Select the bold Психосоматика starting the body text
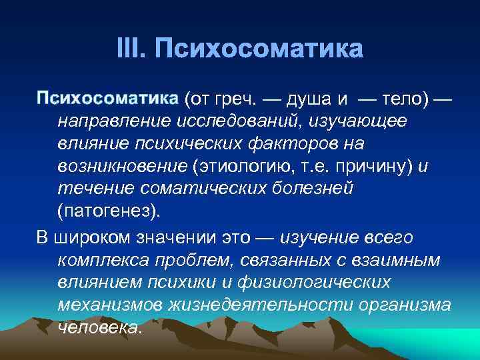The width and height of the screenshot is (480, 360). click(x=107, y=99)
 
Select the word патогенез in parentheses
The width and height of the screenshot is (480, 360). click(x=107, y=211)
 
